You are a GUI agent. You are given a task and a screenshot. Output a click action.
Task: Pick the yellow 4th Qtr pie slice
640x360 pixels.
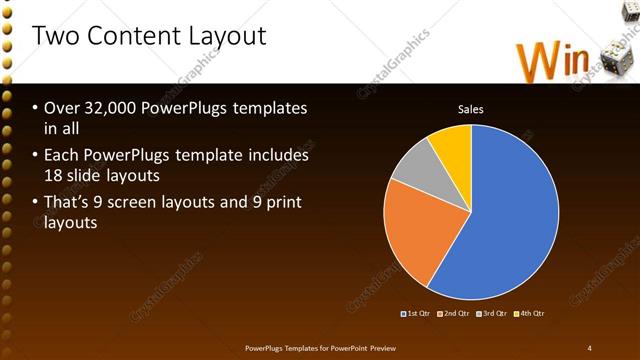453,145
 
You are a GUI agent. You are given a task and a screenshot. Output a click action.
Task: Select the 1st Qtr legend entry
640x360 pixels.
416,314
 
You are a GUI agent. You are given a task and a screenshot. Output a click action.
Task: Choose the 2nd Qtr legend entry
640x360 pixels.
455,314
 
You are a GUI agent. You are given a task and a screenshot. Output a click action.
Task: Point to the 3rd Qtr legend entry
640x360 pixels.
493,314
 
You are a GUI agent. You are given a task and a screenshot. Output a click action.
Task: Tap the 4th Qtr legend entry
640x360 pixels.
531,314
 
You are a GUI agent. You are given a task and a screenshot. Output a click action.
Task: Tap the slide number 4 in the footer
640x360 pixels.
589,347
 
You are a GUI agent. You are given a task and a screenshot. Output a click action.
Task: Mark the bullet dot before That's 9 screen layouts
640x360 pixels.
35,204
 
